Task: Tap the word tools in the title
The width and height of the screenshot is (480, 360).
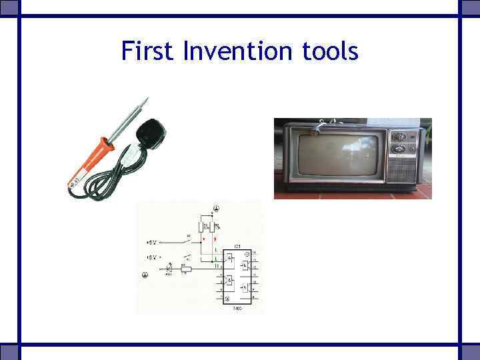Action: pyautogui.click(x=331, y=51)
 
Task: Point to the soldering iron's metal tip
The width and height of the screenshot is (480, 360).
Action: pyautogui.click(x=142, y=102)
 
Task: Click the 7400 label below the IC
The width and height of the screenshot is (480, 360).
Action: pyautogui.click(x=237, y=309)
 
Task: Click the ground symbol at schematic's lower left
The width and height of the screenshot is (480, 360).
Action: pyautogui.click(x=144, y=274)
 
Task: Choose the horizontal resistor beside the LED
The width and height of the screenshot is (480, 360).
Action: pyautogui.click(x=185, y=269)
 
